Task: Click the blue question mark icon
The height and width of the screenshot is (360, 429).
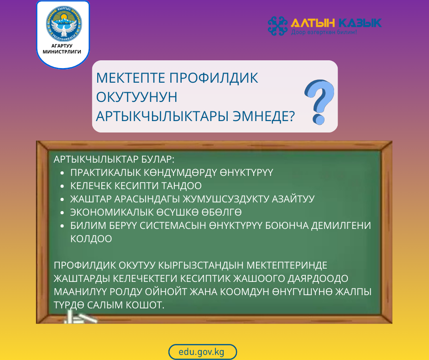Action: (319, 101)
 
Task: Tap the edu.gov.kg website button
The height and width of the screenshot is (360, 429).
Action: (202, 352)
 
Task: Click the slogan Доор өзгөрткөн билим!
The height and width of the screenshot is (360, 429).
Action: (324, 33)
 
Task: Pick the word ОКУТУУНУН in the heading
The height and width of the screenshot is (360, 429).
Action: (136, 97)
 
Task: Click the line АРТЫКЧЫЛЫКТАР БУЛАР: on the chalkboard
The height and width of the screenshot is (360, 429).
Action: (114, 159)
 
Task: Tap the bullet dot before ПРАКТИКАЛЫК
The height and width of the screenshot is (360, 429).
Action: (62, 173)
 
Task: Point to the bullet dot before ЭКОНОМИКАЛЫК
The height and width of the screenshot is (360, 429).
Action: (62, 213)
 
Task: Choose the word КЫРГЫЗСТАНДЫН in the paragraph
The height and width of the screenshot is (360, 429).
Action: (195, 266)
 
